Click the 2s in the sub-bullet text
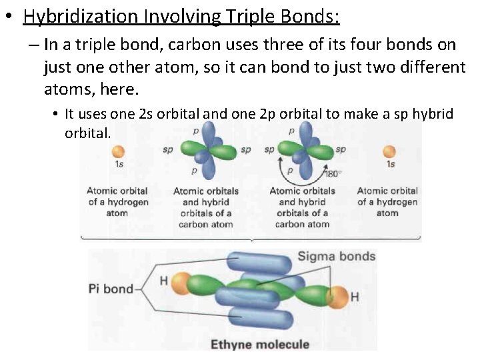coord(147,114)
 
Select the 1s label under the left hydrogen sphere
coord(119,165)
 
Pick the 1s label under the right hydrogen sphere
coord(390,164)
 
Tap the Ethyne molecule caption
coord(260,344)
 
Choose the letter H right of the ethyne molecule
coord(355,296)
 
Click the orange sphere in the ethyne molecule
coord(337,295)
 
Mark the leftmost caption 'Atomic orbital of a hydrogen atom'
coord(117,202)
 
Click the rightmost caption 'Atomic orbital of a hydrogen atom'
coord(387,202)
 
